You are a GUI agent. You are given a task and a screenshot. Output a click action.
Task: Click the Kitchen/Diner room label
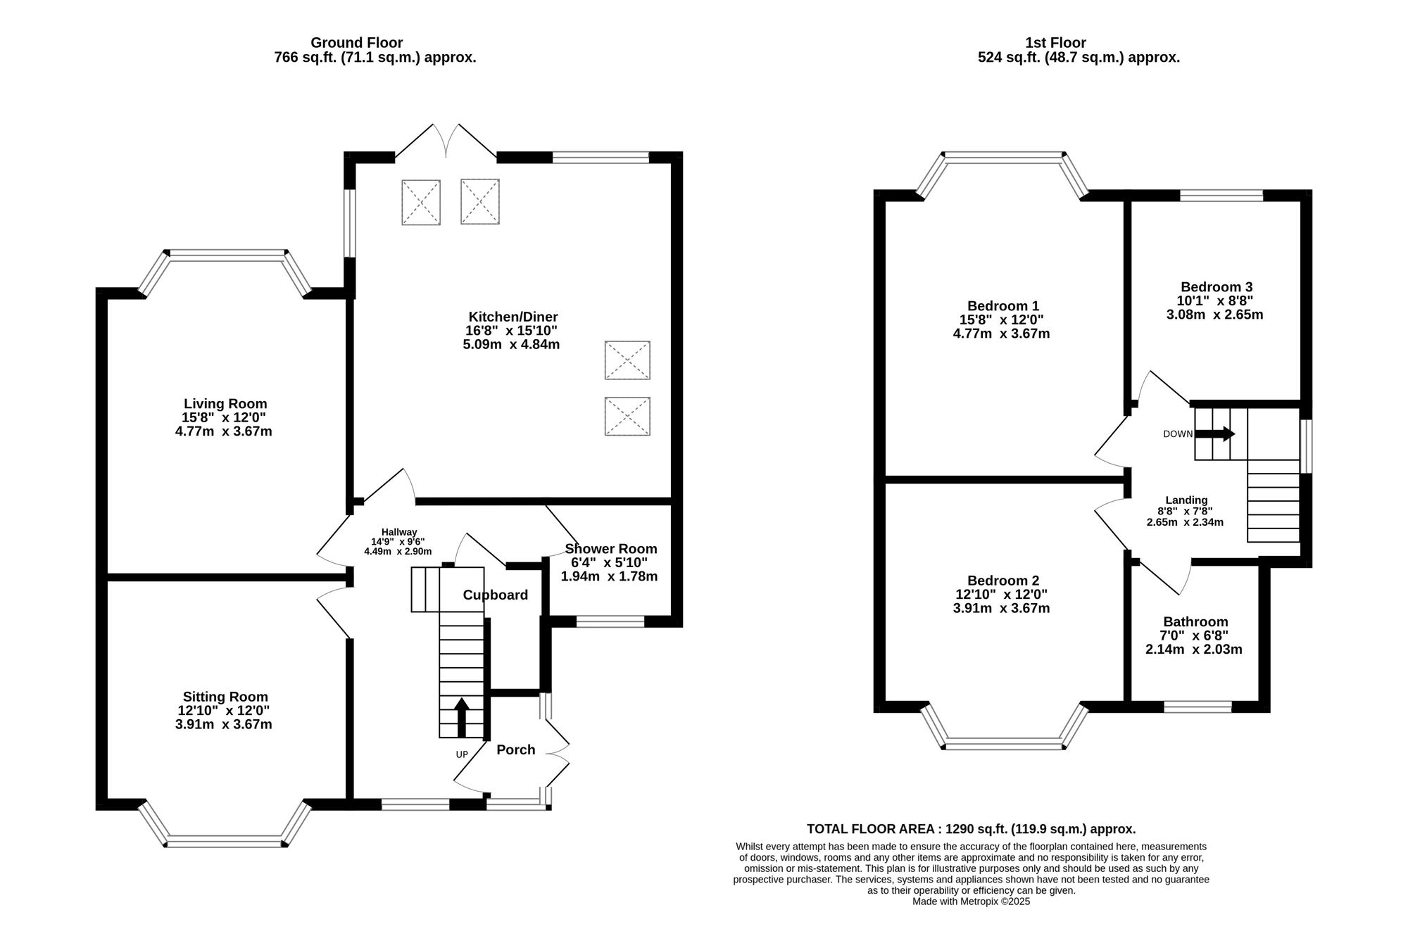coord(513,317)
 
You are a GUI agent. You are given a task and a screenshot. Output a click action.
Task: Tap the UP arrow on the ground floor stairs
coord(462,717)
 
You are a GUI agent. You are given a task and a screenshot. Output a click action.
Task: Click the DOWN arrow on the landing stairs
coord(1215,434)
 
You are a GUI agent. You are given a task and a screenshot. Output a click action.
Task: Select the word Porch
coord(515,750)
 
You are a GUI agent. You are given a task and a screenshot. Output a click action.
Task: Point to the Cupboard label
coord(495,595)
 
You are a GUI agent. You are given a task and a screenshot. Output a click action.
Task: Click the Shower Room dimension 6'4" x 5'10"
coord(609,563)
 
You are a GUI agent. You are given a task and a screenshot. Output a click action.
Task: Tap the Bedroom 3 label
coord(1216,287)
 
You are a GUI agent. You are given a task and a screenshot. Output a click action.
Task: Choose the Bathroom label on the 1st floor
coord(1195,622)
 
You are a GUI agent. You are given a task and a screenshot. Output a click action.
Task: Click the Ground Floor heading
coord(356,43)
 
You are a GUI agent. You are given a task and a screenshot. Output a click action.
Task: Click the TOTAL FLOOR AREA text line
coord(971,829)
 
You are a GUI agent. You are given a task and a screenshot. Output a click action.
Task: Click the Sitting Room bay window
coord(225,840)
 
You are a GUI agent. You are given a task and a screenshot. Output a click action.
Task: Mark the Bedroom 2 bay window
coord(1004,743)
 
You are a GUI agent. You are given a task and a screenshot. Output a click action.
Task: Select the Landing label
coord(1186,500)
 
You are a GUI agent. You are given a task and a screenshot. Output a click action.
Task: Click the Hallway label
coord(399,532)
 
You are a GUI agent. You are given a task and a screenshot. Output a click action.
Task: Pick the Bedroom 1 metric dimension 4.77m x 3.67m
coord(1000,334)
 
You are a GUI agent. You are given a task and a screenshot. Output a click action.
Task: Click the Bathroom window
coord(1198,707)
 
